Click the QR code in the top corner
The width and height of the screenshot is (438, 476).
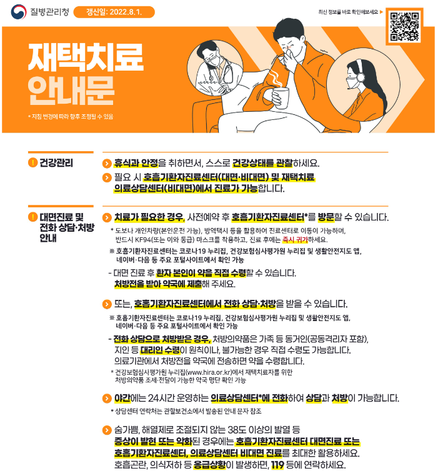pyautogui.click(x=404, y=26)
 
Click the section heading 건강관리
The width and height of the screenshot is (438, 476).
pyautogui.click(x=56, y=164)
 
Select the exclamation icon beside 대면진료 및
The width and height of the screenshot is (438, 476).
pyautogui.click(x=32, y=217)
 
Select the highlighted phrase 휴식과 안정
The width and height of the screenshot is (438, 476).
pyautogui.click(x=135, y=164)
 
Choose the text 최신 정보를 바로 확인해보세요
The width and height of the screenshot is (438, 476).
pyautogui.click(x=349, y=12)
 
